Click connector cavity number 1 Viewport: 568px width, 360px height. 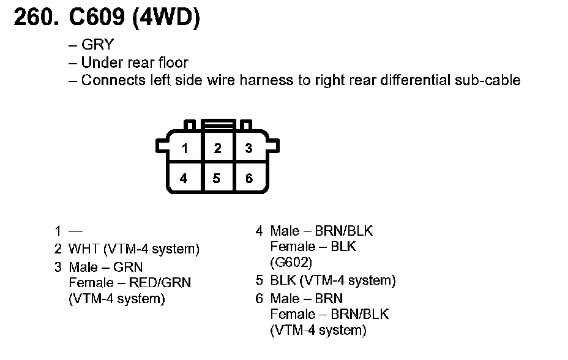(x=184, y=148)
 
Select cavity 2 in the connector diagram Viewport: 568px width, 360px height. (x=217, y=148)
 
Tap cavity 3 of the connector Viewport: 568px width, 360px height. (x=248, y=148)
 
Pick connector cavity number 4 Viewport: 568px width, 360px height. (x=184, y=178)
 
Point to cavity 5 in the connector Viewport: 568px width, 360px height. (x=217, y=178)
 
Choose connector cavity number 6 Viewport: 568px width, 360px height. (x=248, y=178)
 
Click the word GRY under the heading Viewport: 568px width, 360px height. (x=97, y=45)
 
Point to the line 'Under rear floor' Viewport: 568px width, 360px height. (x=134, y=62)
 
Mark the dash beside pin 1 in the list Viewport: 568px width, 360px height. (x=75, y=231)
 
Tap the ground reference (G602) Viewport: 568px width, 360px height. (x=291, y=263)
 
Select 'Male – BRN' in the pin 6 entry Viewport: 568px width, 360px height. (x=306, y=298)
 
